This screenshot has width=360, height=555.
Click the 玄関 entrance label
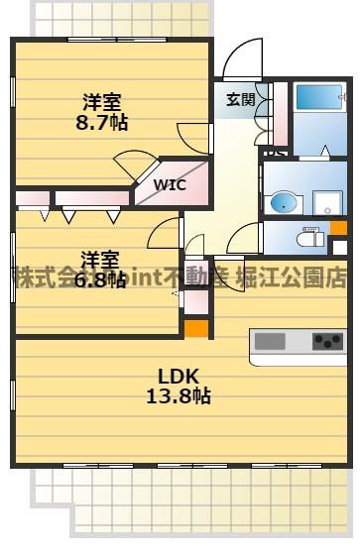pos(240,99)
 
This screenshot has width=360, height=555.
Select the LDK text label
pos(180,376)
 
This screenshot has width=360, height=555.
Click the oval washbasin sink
pos(284,204)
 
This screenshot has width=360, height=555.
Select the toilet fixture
pos(308,239)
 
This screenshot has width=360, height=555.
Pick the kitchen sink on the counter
pos(271,342)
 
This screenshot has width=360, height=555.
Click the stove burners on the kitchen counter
pos(327,342)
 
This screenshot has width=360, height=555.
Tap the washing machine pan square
pos(328,203)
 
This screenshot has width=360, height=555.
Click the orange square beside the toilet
pos(339,227)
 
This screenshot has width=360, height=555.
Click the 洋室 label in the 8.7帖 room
pos(101,102)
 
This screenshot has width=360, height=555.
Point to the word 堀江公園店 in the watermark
pos(296,277)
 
